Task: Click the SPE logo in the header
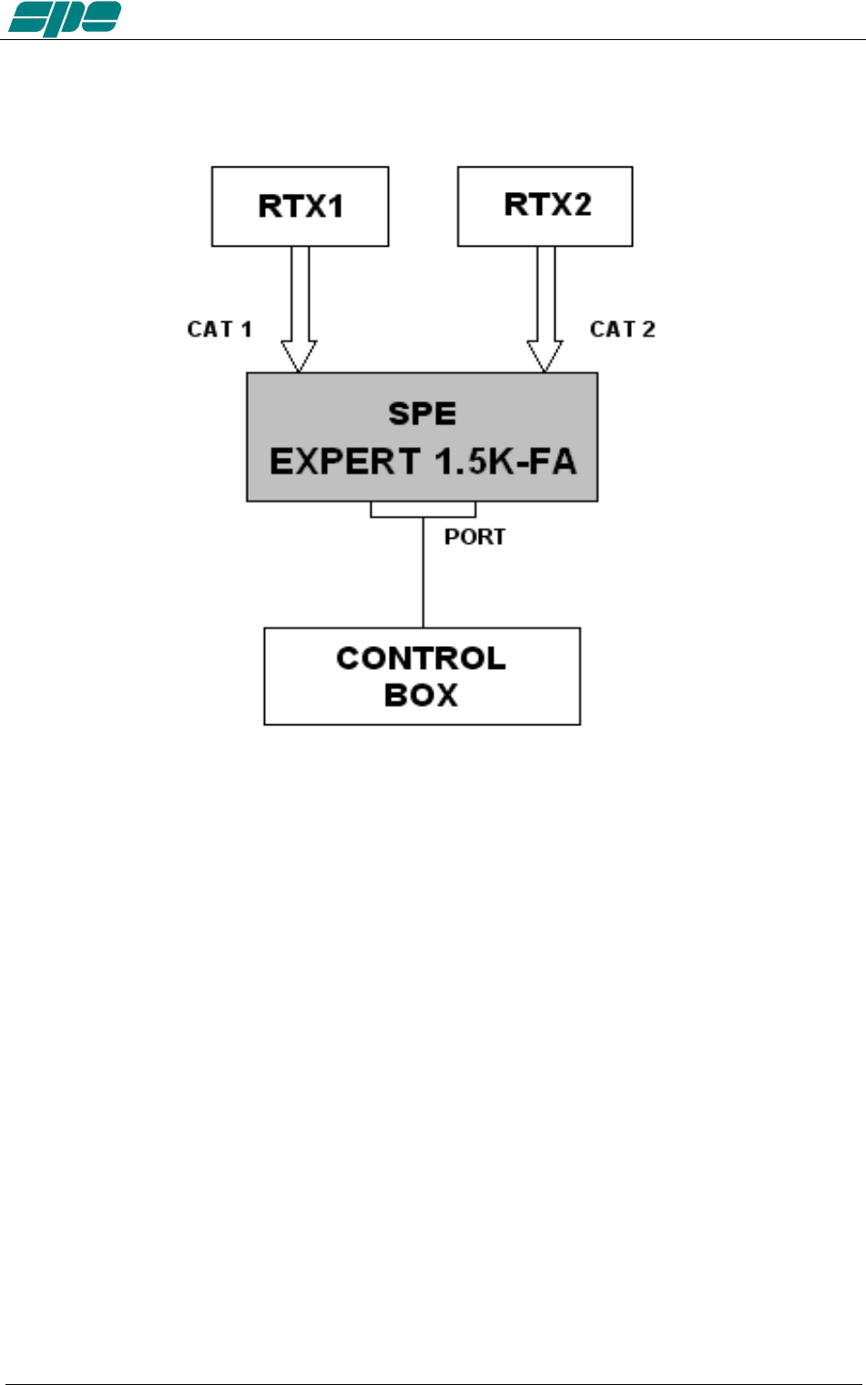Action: (64, 18)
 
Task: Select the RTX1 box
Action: (301, 207)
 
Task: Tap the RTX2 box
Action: (545, 206)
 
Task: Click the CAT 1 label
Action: (219, 329)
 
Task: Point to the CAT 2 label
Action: (622, 329)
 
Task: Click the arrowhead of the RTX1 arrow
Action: (299, 356)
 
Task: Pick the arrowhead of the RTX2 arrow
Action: (545, 356)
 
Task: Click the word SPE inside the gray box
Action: (422, 414)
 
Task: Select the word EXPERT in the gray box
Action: (345, 461)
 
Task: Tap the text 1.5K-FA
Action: (505, 461)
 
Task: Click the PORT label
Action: (474, 537)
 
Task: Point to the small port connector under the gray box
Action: (423, 510)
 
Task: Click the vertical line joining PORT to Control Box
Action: (423, 573)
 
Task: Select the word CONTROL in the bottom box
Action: (421, 658)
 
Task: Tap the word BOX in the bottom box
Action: (421, 695)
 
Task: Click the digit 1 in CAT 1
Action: (246, 329)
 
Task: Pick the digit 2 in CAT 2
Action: (648, 329)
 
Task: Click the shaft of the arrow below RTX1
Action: (300, 291)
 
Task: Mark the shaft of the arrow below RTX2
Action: (545, 291)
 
